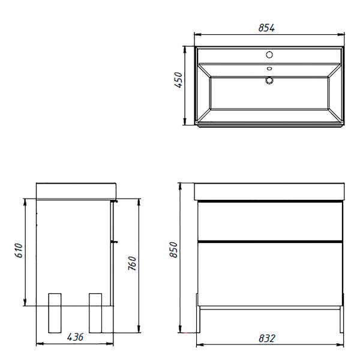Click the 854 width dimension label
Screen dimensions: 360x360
[x=266, y=28]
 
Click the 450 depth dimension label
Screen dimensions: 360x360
[x=178, y=80]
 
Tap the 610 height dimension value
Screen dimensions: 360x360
[x=19, y=250]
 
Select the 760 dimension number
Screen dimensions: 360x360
[x=132, y=263]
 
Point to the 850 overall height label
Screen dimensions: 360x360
[x=173, y=250]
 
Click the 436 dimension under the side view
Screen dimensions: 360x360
[x=75, y=337]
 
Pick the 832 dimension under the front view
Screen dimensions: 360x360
[x=266, y=338]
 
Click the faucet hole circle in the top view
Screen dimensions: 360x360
[x=269, y=55]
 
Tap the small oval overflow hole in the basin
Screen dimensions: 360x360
[x=269, y=68]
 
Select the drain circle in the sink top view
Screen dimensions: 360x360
[x=269, y=80]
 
